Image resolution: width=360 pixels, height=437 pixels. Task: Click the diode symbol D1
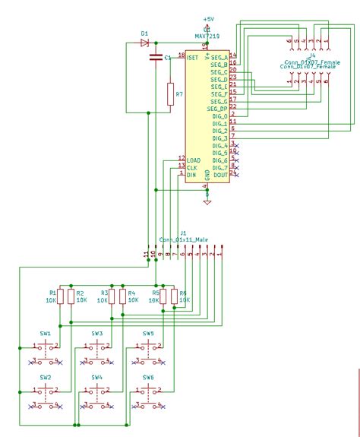145,43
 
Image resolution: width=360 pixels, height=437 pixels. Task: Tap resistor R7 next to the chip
170,94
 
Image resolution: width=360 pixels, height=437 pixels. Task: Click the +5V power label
207,18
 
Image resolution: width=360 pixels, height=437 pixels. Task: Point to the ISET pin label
194,56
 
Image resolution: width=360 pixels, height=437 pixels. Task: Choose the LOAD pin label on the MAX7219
194,160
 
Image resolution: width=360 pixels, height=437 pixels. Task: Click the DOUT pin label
220,176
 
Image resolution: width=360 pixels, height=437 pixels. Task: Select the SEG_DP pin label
218,108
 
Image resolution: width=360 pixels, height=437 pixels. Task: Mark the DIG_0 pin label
219,116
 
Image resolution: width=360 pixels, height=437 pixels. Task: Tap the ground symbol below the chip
207,201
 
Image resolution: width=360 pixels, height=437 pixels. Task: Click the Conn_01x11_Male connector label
183,239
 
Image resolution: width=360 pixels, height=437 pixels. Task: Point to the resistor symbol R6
174,296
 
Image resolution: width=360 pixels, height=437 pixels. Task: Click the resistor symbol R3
112,296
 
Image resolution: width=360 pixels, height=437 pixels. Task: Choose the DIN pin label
192,176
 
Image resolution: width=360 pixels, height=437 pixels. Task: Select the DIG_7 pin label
219,168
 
